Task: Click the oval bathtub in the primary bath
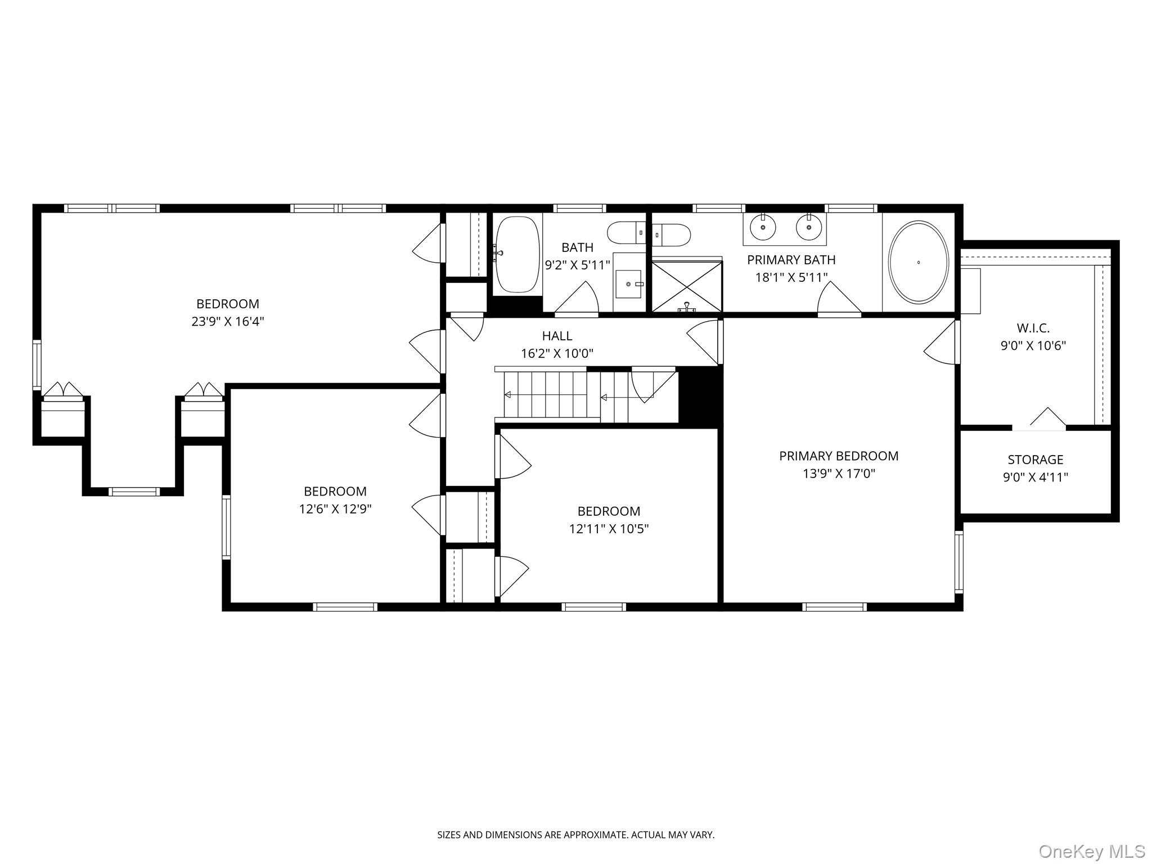pos(918,262)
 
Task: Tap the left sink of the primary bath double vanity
pos(763,227)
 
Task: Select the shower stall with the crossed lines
pos(687,285)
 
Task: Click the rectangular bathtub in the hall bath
pos(517,254)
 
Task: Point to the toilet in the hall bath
pos(627,232)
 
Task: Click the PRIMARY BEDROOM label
pos(838,456)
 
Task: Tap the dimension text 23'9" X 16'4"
pos(227,322)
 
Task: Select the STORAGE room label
pos(1035,460)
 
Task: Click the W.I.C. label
pos(1033,328)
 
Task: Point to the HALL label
pos(557,336)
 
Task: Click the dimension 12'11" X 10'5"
pos(609,529)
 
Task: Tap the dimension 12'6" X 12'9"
pos(335,509)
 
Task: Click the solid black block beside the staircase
pos(700,397)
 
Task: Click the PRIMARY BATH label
pos(791,260)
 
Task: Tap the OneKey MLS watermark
pos(1091,851)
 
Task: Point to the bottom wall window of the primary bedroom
pos(834,607)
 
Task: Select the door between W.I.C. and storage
pos(1039,426)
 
